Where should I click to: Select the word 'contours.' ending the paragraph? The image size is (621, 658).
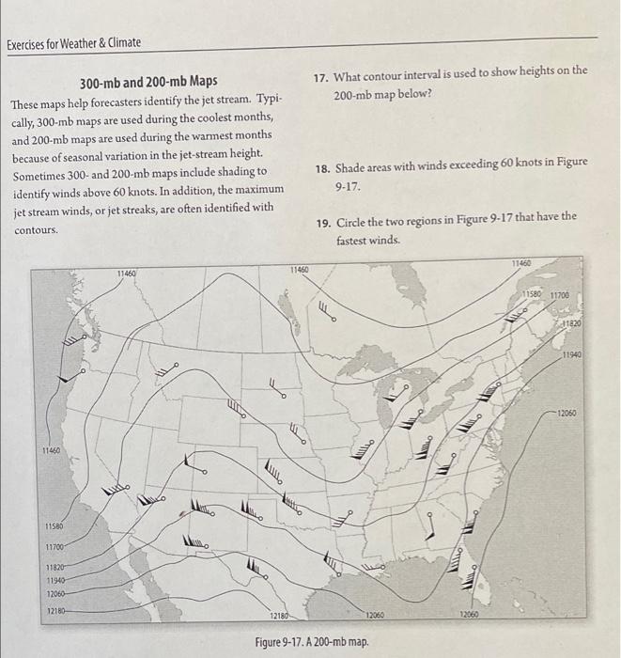pos(37,228)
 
